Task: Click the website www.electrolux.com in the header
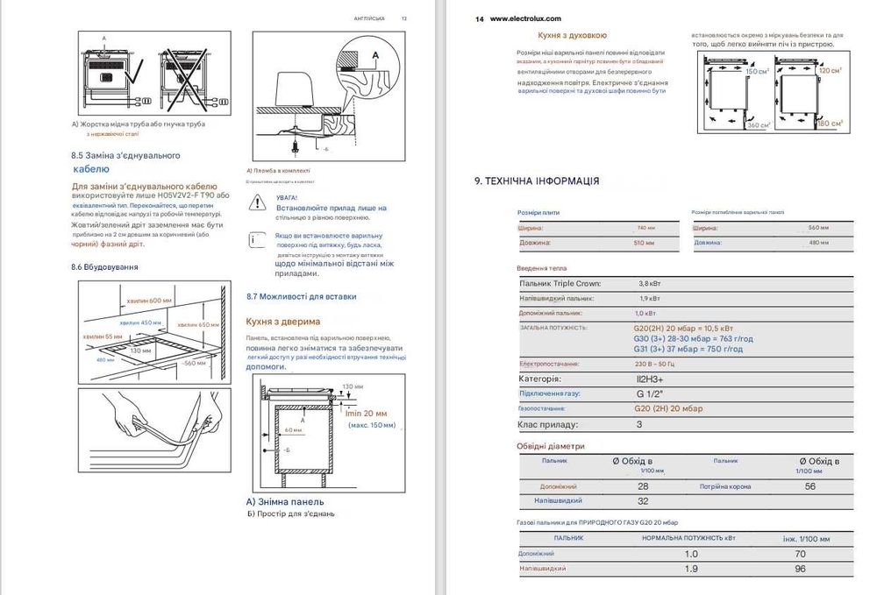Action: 524,18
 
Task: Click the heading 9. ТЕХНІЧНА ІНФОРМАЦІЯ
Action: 536,181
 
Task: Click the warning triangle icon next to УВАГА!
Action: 256,203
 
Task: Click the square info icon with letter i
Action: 255,239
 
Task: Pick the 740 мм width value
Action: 646,228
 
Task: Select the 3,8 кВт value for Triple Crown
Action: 650,284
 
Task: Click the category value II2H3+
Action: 652,379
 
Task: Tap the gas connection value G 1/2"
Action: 651,394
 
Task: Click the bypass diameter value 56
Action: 809,486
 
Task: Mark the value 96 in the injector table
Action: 800,568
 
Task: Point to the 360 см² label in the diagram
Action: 758,125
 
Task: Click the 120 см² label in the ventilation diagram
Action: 830,69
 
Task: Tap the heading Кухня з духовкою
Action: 574,36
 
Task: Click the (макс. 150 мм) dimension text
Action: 372,425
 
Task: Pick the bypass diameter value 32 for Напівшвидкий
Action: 643,501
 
